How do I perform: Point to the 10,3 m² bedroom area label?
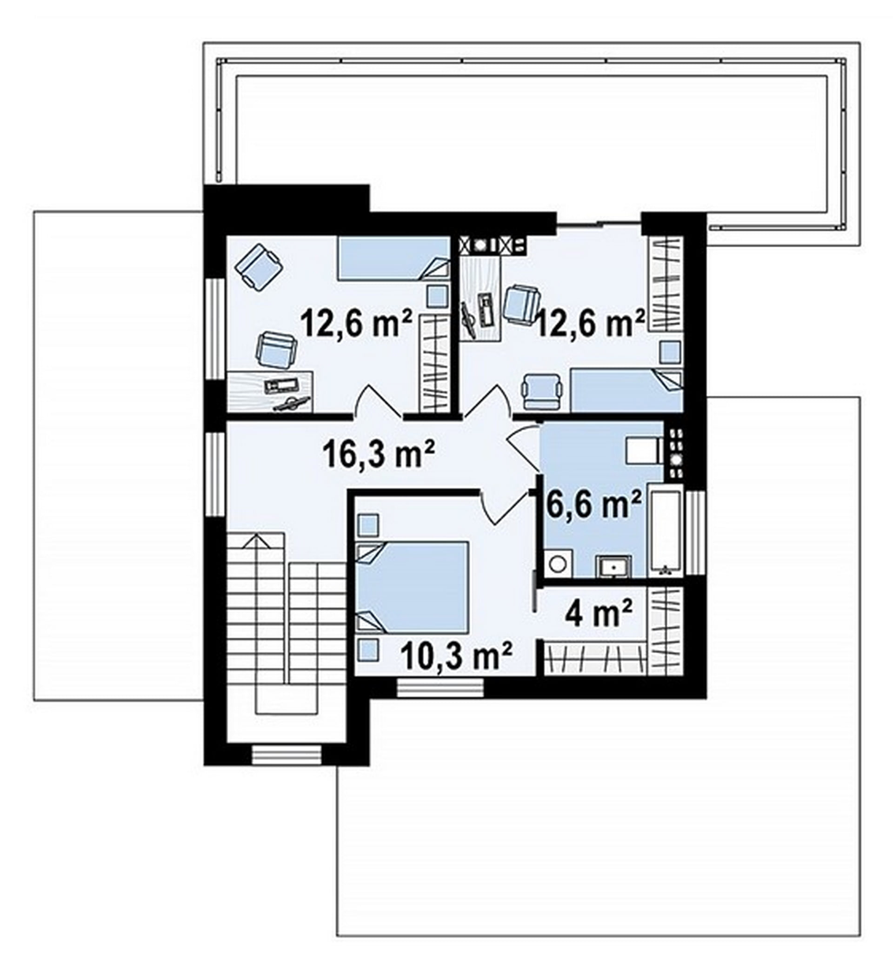pos(456,656)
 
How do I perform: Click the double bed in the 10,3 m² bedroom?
pos(412,587)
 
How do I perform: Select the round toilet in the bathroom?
pos(558,563)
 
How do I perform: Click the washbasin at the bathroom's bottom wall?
pos(613,566)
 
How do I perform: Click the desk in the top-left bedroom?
pos(270,392)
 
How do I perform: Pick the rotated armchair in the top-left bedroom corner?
pos(259,267)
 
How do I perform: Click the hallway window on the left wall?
pos(215,474)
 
